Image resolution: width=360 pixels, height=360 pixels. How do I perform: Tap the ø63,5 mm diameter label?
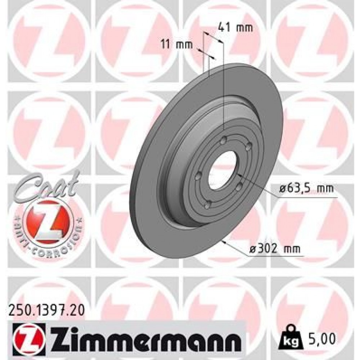coord(307,188)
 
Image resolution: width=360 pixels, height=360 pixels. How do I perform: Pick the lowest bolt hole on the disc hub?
coord(207,205)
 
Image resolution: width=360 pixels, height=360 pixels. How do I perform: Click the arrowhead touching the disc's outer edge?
coord(225,242)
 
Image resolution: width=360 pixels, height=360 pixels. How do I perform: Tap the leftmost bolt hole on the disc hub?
coord(197,176)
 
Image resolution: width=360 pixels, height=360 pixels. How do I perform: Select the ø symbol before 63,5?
coord(283,188)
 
